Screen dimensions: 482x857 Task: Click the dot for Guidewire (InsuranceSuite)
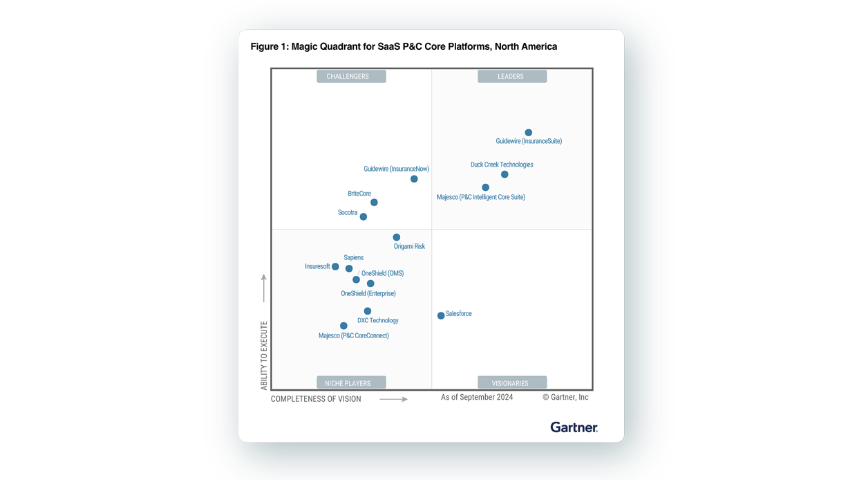(528, 133)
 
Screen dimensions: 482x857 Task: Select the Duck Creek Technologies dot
(505, 174)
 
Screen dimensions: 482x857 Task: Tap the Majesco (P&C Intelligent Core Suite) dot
(485, 187)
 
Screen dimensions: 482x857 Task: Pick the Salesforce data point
(441, 316)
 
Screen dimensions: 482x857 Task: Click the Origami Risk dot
(396, 237)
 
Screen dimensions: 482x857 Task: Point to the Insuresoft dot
(335, 267)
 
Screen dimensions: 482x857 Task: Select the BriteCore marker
(374, 203)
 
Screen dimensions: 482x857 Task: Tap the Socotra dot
(363, 217)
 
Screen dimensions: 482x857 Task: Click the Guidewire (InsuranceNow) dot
(414, 179)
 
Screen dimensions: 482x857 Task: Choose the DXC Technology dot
(368, 311)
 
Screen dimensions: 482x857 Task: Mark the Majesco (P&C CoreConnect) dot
(343, 326)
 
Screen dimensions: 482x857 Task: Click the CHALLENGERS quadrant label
(351, 77)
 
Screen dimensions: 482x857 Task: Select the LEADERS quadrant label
(511, 77)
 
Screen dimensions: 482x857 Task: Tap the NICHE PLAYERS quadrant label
(351, 383)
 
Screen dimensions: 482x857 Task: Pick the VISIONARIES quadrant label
(511, 383)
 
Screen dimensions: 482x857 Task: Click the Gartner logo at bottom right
(574, 427)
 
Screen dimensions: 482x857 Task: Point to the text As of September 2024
(477, 398)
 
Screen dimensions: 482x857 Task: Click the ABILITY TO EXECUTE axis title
(264, 355)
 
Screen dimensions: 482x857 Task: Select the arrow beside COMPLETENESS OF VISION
(393, 399)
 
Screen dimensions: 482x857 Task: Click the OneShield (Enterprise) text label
(368, 294)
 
